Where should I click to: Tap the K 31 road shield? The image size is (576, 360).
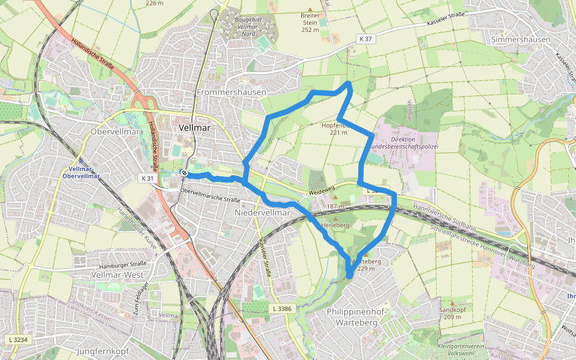147,178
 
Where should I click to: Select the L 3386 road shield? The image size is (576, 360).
281,308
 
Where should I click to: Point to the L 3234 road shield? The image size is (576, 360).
17,340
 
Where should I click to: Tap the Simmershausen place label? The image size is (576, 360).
520,40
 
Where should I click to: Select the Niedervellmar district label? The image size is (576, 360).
262,213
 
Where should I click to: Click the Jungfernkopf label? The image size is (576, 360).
104,350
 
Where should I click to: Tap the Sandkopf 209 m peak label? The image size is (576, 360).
452,313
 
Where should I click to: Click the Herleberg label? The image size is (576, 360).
335,225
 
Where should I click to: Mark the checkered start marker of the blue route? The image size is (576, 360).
184,174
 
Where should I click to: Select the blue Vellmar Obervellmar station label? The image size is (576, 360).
80,173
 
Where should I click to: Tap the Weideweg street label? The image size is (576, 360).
322,190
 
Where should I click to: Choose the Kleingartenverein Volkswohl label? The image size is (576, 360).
461,350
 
